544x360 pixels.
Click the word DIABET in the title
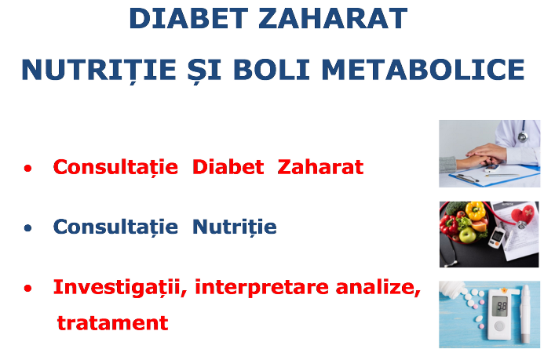click(x=188, y=18)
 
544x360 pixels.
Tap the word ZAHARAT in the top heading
click(x=333, y=18)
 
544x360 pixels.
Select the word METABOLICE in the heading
click(x=423, y=70)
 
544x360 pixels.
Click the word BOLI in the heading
click(x=272, y=70)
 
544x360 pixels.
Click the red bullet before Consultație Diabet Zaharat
click(x=27, y=169)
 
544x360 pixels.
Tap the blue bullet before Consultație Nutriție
click(x=27, y=228)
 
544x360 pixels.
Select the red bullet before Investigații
click(x=27, y=289)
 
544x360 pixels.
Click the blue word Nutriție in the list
click(x=235, y=227)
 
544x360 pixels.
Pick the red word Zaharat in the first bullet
click(x=320, y=166)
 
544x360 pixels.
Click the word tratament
click(x=113, y=323)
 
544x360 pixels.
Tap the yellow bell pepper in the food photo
click(x=475, y=210)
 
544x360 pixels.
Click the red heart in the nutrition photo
click(x=523, y=214)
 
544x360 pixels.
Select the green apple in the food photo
click(x=467, y=235)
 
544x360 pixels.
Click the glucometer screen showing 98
click(x=500, y=306)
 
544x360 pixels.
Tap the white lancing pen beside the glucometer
click(x=526, y=314)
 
